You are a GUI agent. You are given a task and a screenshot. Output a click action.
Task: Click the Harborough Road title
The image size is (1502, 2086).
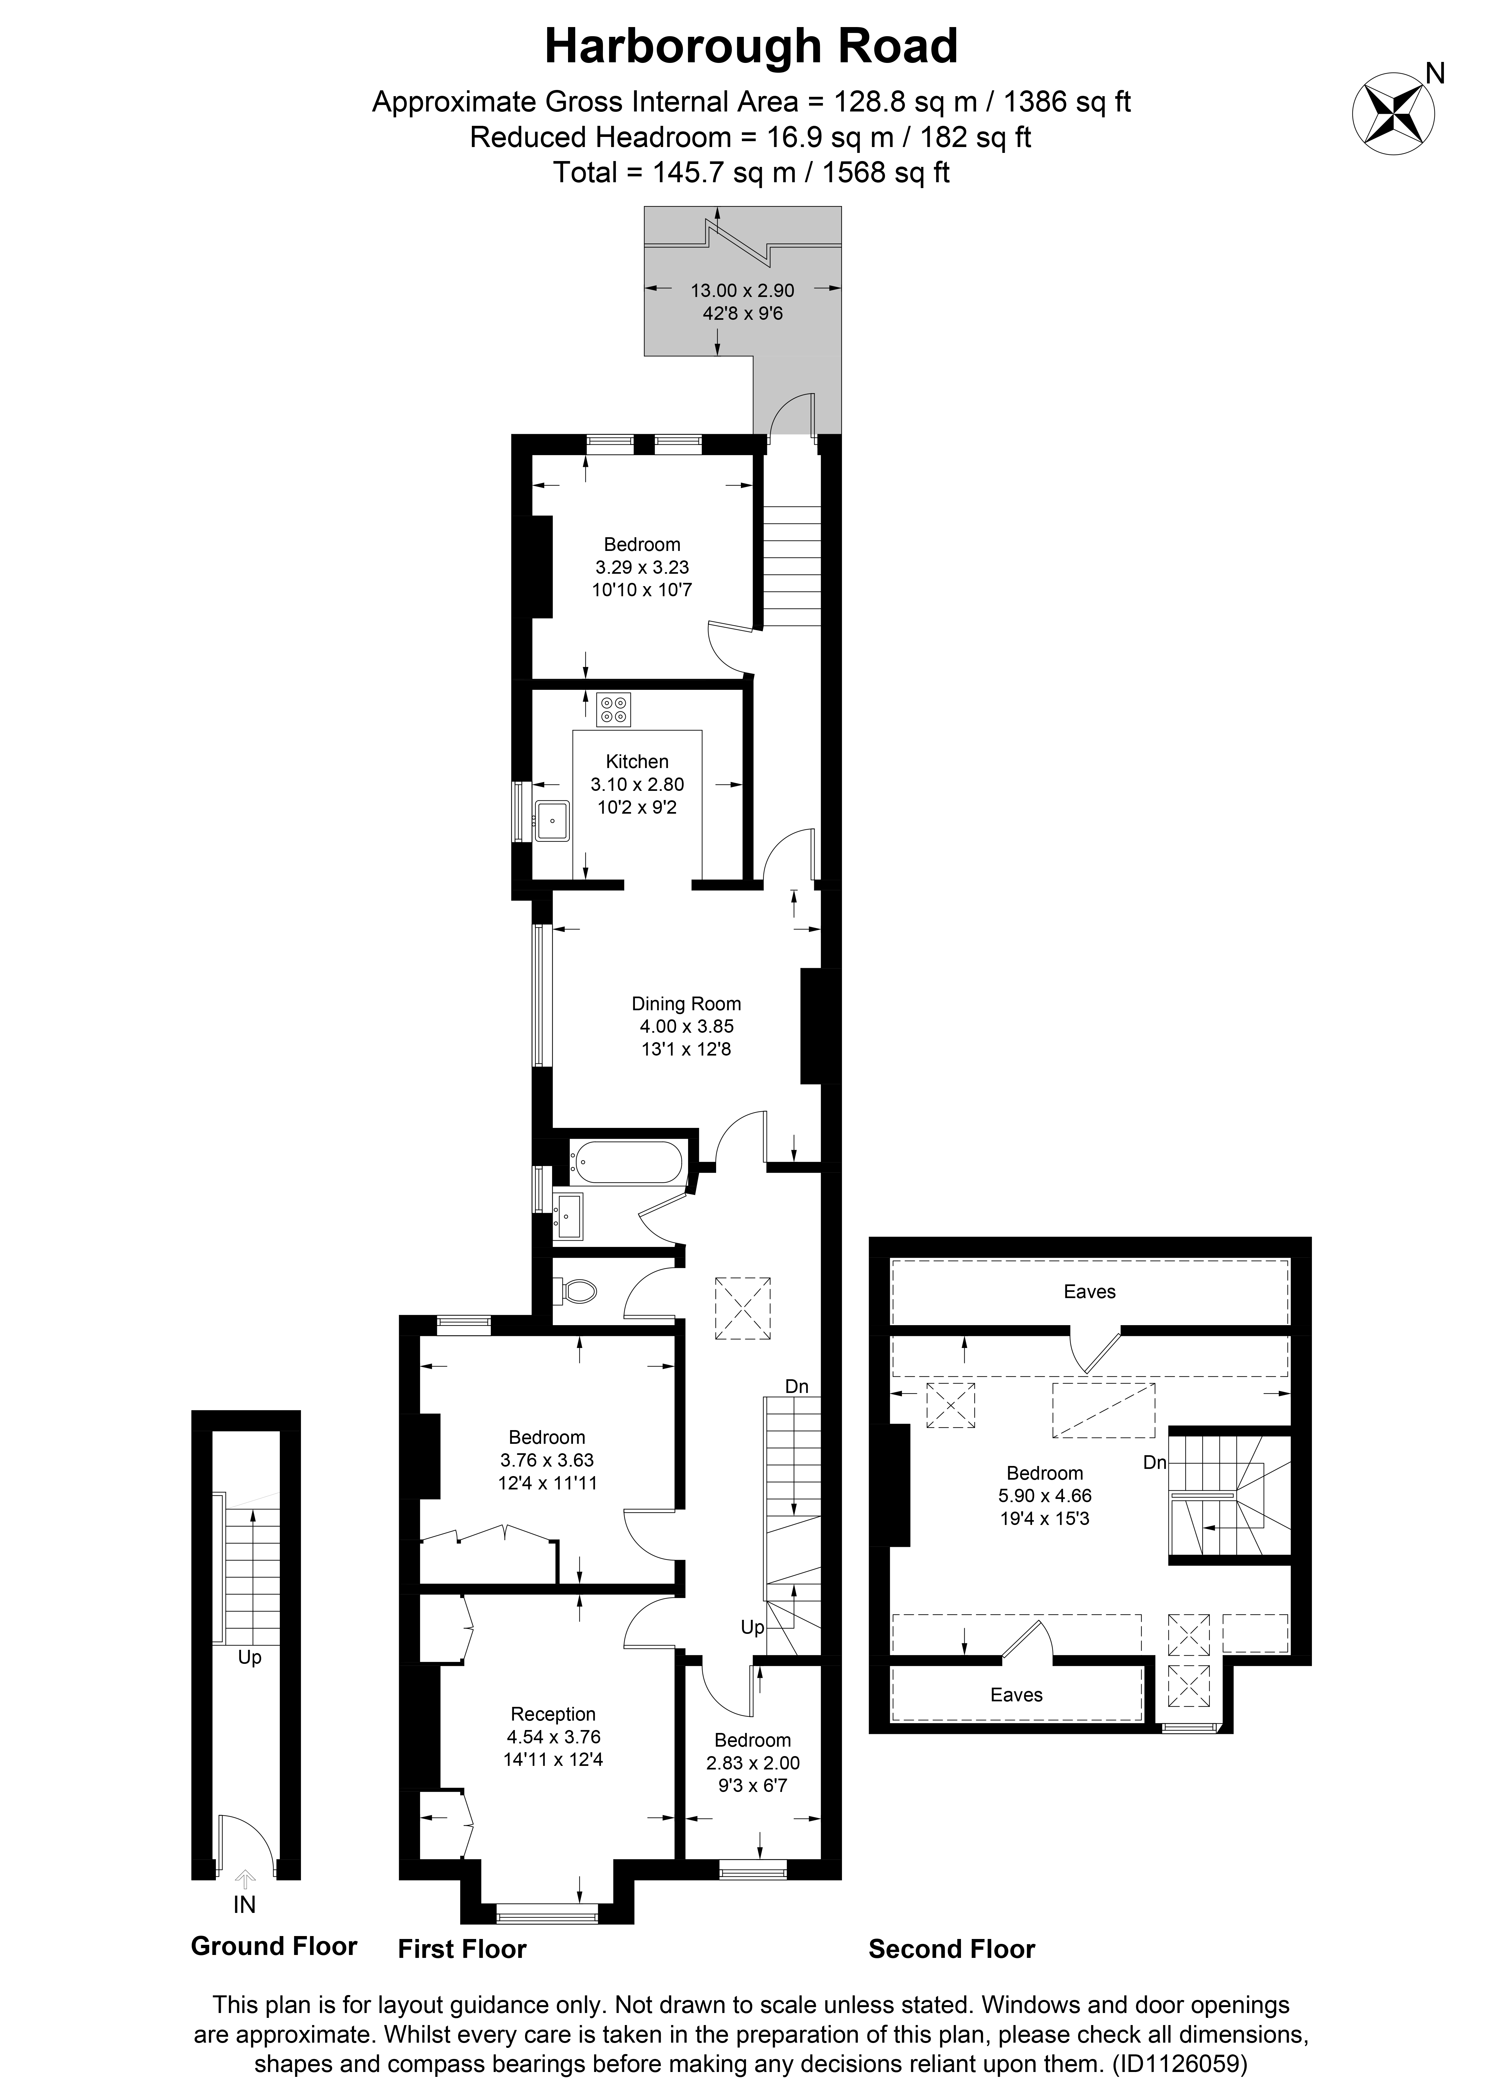[x=751, y=46]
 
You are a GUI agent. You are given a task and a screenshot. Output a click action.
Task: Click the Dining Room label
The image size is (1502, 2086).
[x=685, y=1003]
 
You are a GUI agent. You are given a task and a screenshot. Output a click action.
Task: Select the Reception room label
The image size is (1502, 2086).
[x=553, y=1713]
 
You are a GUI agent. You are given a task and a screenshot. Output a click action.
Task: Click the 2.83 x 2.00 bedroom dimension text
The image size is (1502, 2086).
[x=752, y=1763]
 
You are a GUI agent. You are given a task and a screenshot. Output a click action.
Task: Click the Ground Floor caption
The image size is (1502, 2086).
[x=273, y=1946]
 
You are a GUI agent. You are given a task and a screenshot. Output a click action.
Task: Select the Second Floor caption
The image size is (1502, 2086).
[x=951, y=1949]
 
